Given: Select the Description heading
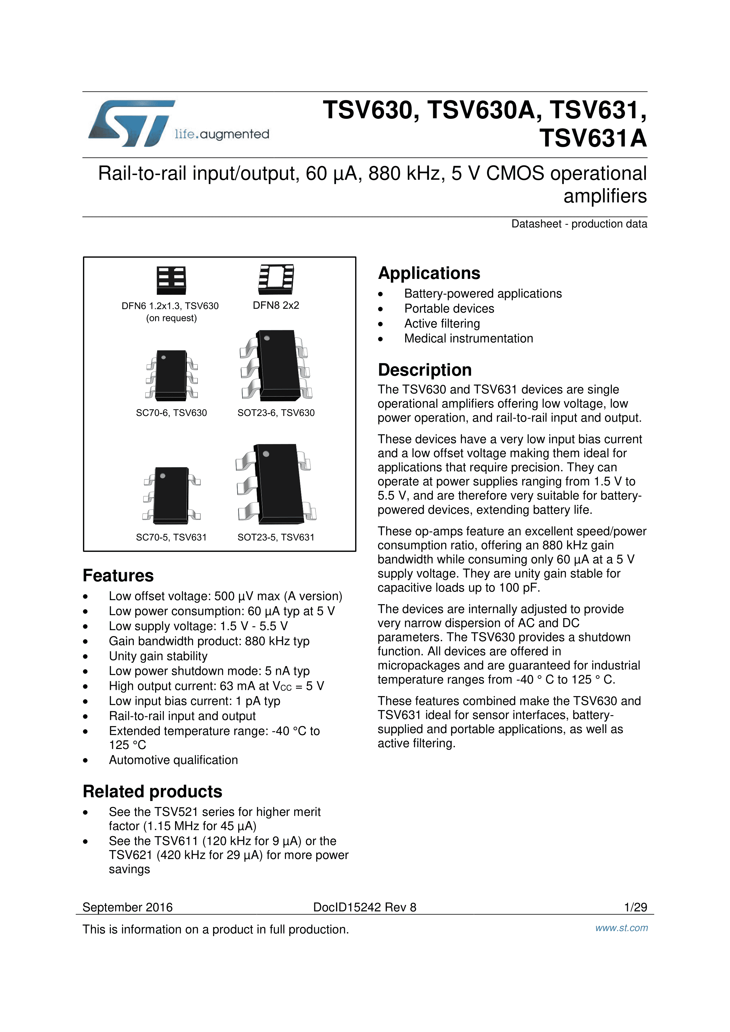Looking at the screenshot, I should pyautogui.click(x=425, y=370).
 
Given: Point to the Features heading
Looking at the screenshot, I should pyautogui.click(x=118, y=576).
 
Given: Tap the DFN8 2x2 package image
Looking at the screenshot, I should pyautogui.click(x=276, y=277).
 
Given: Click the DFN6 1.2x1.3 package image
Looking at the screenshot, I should pyautogui.click(x=171, y=280).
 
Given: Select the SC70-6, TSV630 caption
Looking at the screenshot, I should pyautogui.click(x=171, y=413).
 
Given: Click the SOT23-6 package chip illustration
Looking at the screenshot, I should pyautogui.click(x=276, y=365).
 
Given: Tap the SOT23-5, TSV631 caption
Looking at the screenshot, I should pyautogui.click(x=276, y=537).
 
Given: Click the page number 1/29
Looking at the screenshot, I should pyautogui.click(x=635, y=907).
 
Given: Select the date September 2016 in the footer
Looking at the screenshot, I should pyautogui.click(x=128, y=907).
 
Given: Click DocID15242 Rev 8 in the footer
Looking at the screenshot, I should pyautogui.click(x=365, y=907).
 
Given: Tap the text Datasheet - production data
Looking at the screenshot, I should pyautogui.click(x=579, y=224).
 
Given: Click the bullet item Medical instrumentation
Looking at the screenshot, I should pyautogui.click(x=468, y=338).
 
